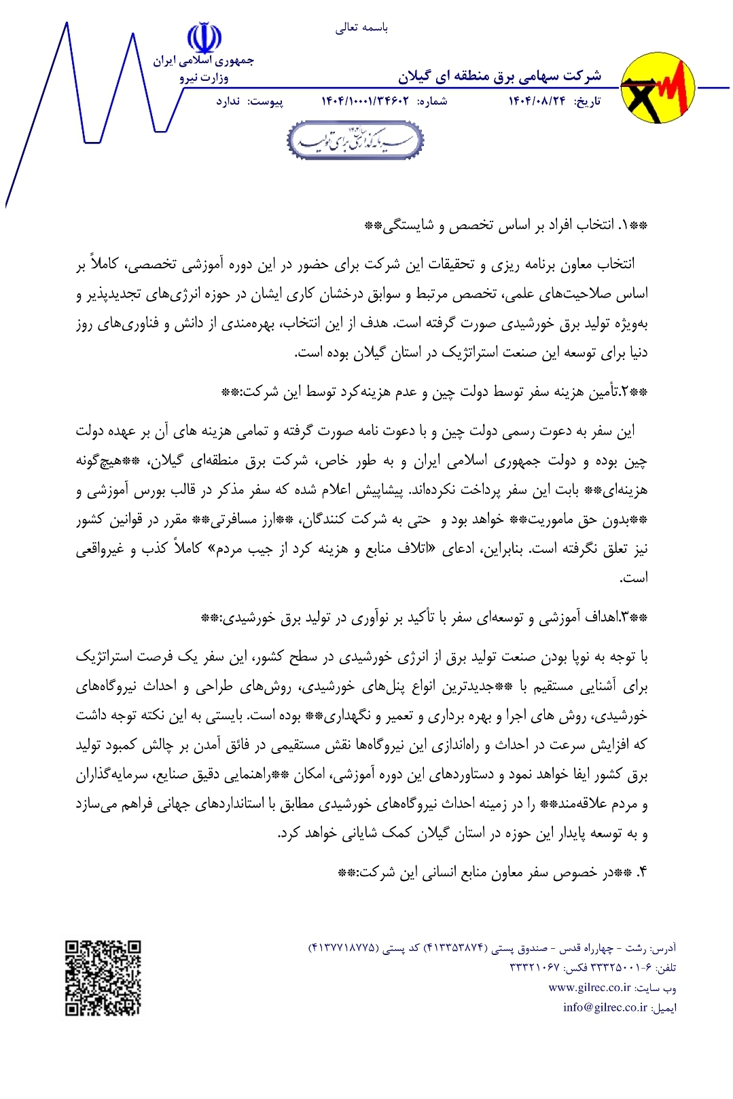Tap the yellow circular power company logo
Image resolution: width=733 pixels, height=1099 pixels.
tap(658, 89)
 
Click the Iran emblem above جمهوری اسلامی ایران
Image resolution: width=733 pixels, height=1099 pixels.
tap(204, 38)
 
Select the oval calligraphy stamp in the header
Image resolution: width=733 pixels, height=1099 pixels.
tap(355, 141)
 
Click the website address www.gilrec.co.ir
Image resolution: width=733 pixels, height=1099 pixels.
tap(590, 988)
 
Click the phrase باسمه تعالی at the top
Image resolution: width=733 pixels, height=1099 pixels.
tap(361, 28)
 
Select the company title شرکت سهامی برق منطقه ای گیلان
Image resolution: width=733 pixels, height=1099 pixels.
tap(499, 76)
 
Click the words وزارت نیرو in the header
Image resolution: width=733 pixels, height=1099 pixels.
tap(204, 78)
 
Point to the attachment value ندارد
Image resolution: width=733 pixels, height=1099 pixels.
tap(228, 102)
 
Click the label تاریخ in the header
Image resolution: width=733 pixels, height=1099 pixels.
tap(588, 102)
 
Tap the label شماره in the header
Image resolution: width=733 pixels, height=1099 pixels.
tap(432, 102)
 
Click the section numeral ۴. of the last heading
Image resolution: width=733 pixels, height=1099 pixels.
tap(642, 872)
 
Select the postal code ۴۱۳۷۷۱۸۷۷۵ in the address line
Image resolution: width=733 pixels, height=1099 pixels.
tap(342, 948)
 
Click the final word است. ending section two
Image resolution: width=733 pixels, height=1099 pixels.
tap(634, 578)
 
